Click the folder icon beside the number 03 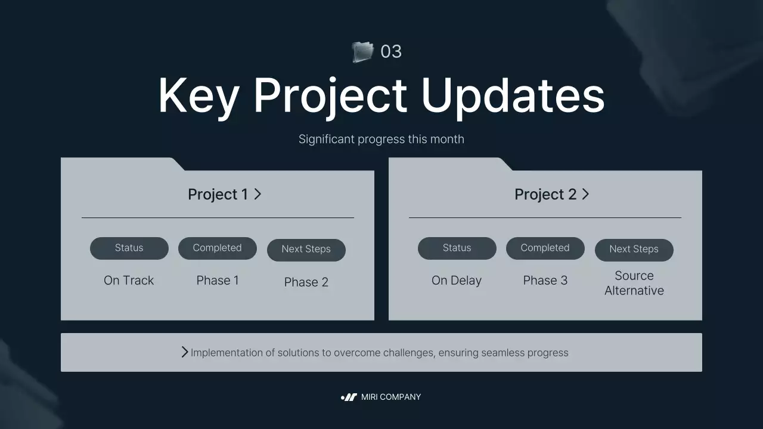(362, 52)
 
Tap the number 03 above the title (391, 52)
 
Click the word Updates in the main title (513, 95)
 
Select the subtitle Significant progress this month (381, 139)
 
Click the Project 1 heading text (218, 194)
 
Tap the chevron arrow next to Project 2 (585, 194)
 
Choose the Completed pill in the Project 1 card (217, 248)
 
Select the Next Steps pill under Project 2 (634, 249)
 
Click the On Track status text (129, 280)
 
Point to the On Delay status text (456, 280)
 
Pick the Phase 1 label (218, 280)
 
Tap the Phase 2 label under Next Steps (306, 282)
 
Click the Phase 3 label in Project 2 (545, 280)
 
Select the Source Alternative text (634, 283)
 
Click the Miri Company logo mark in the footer (349, 397)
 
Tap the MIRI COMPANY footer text (390, 397)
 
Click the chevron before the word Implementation (185, 352)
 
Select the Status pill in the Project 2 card (457, 248)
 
